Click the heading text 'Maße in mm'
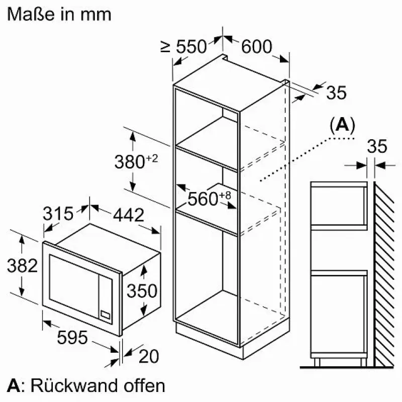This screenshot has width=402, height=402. [59, 15]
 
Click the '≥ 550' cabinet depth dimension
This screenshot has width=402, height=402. [183, 47]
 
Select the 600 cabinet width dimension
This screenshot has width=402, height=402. [257, 47]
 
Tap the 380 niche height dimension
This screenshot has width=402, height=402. [130, 162]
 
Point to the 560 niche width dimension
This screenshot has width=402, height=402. [203, 198]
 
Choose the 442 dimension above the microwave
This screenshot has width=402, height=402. [129, 215]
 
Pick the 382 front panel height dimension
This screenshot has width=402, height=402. [22, 265]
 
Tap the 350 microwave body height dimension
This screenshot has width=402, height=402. [142, 291]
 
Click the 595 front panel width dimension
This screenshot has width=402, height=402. [72, 337]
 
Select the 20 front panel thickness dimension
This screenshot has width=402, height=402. [149, 356]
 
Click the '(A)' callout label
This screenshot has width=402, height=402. [343, 125]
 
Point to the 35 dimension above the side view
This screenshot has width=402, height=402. [377, 146]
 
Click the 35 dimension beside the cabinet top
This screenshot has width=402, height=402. [336, 92]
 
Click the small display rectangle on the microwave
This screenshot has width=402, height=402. [106, 315]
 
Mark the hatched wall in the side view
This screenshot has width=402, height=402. [383, 274]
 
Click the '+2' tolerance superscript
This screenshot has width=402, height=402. [152, 158]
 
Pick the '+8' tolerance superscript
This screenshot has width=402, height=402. [225, 195]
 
